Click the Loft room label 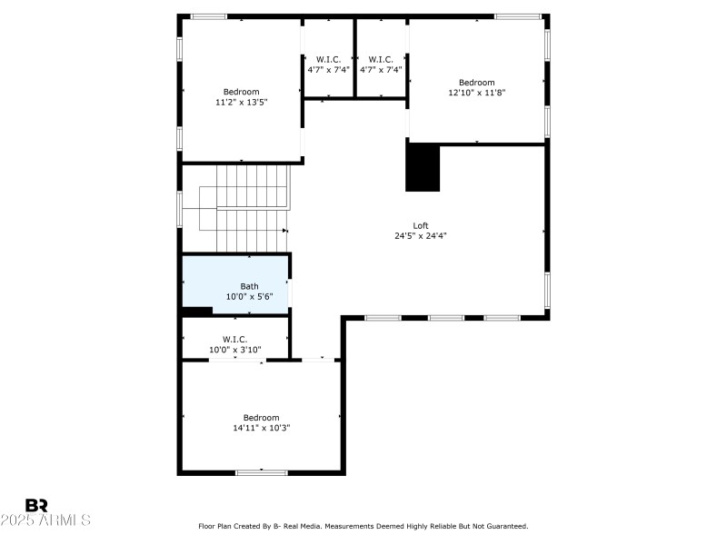tap(420, 225)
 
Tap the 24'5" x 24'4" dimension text tap(420, 235)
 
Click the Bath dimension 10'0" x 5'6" tap(249, 297)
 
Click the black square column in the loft tap(423, 168)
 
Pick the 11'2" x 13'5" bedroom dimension tap(241, 103)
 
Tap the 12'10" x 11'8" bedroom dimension tap(476, 93)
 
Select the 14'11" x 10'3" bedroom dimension tap(261, 427)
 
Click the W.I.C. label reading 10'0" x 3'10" tap(234, 350)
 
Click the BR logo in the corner tap(36, 505)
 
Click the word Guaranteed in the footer tap(507, 526)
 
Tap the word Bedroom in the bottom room tap(261, 417)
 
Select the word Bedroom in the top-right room tap(476, 83)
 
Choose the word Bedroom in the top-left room tap(241, 92)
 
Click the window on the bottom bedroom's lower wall tap(262, 471)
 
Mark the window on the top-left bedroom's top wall tap(208, 15)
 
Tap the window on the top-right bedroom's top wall tap(516, 15)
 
